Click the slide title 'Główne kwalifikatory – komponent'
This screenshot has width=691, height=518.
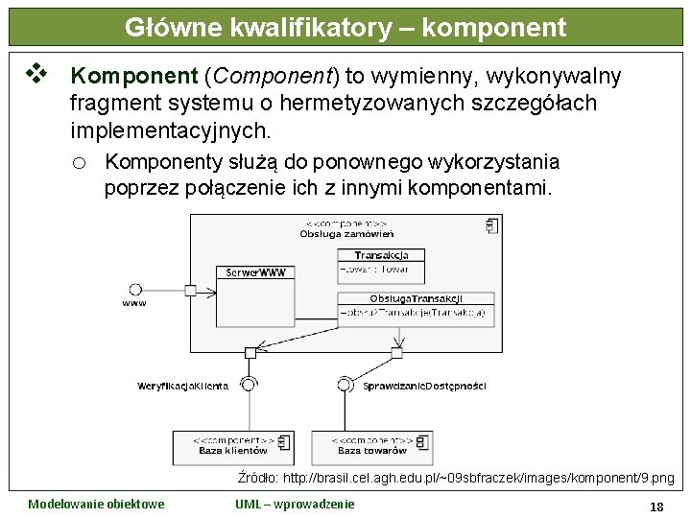345,28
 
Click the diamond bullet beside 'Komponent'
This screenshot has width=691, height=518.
36,73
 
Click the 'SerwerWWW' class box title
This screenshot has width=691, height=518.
255,272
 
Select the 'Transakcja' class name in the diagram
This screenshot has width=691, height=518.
381,255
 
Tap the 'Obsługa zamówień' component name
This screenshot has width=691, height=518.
346,234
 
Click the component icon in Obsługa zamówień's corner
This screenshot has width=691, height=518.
492,226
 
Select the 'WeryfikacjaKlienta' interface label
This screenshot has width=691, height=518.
183,386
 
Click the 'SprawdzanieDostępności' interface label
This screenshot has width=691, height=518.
425,386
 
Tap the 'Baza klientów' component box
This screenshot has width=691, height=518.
235,445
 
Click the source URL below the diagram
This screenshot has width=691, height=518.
455,478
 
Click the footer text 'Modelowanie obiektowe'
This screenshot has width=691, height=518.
96,504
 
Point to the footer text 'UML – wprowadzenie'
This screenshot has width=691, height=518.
295,504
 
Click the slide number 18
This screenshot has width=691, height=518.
657,506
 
